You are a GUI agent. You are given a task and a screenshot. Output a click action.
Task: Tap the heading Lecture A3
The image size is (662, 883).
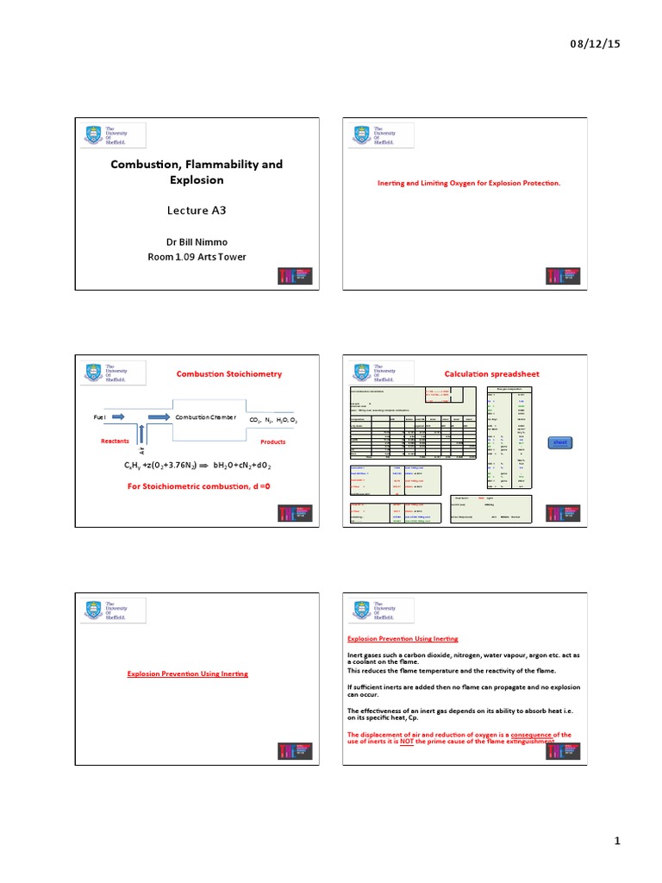tap(196, 210)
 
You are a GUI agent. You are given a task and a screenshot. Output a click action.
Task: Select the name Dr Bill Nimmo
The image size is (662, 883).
tap(196, 241)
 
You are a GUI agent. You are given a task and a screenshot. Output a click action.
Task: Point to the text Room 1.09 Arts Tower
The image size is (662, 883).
tap(196, 256)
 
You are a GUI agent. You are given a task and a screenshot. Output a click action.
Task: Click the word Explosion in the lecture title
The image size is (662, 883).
tap(196, 180)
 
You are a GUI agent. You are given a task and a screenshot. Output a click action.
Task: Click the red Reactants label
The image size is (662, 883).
tap(114, 441)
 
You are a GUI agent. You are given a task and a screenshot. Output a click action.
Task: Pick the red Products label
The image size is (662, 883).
tap(272, 441)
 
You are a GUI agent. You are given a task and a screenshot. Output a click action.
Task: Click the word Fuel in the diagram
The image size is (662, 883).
tap(100, 417)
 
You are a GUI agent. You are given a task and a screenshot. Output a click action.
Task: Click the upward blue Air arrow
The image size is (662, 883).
tap(142, 435)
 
